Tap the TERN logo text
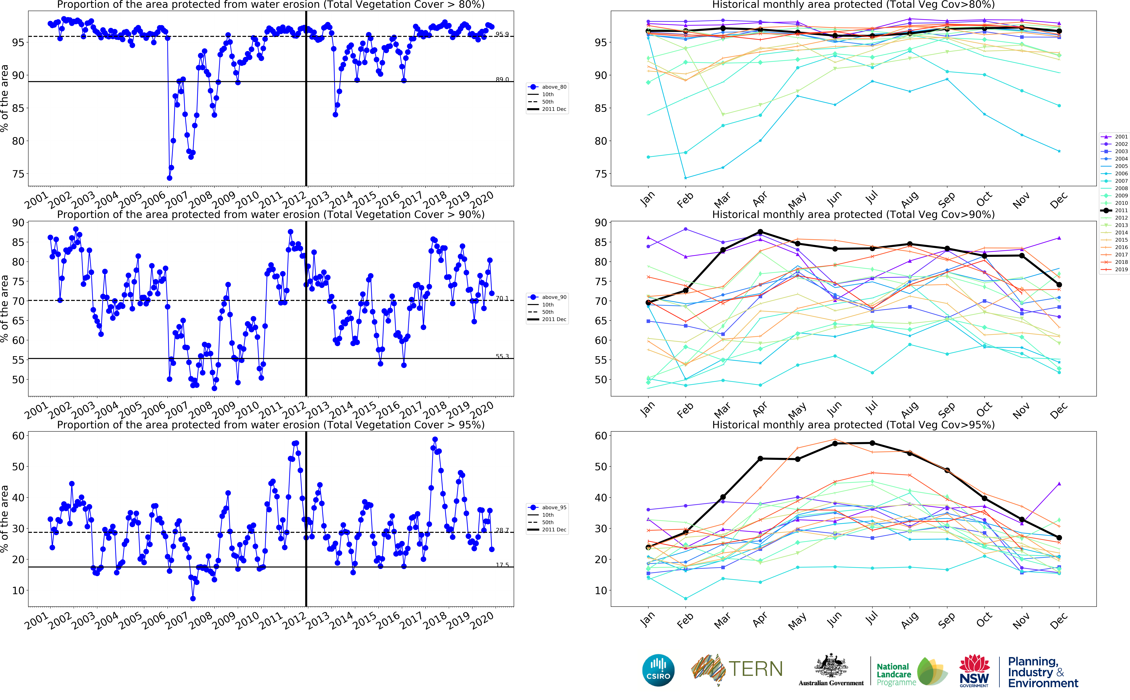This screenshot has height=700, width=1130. tap(755, 669)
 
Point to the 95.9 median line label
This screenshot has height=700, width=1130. tap(502, 34)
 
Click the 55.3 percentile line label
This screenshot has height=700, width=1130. tap(502, 356)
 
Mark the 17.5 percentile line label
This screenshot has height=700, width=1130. tap(502, 565)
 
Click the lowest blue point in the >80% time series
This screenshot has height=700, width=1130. tap(169, 178)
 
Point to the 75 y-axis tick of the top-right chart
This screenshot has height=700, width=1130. tap(601, 174)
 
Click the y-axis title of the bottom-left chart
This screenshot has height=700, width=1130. tap(5, 519)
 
